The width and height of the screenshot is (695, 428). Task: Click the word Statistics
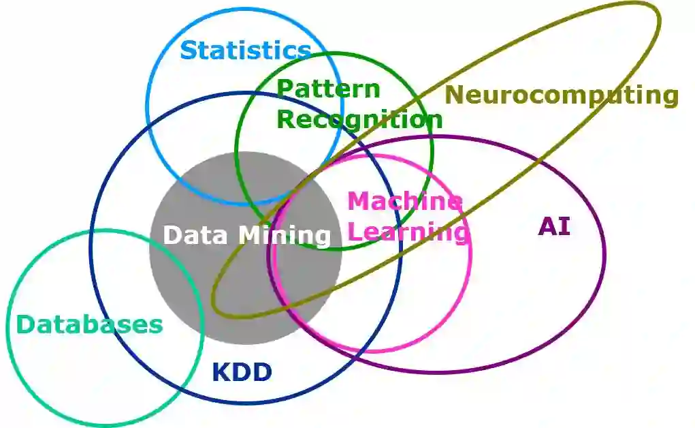coord(245,50)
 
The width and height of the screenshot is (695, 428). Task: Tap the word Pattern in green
coord(328,89)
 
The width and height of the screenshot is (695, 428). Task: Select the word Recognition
coord(359,119)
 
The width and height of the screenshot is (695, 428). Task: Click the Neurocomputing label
coord(562,95)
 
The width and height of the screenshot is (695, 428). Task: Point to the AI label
coord(554,226)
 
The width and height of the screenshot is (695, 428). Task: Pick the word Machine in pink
coord(404,201)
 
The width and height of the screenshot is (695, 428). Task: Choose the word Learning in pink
coord(408,232)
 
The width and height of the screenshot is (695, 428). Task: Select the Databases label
coord(89,324)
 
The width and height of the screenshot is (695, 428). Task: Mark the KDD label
coord(242,373)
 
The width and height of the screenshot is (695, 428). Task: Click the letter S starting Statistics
coord(189,50)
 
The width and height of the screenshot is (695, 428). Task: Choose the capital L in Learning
coord(355,232)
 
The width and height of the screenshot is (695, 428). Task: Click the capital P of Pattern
coord(285,89)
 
